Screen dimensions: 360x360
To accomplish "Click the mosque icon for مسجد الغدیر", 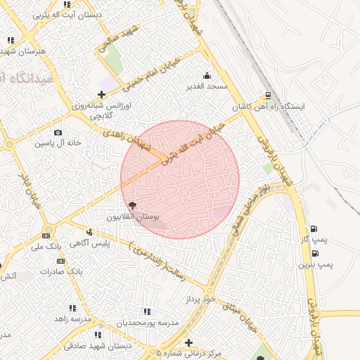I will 207,76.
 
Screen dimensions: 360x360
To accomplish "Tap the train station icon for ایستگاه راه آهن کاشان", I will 268,96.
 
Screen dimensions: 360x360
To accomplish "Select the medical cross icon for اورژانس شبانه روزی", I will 102,94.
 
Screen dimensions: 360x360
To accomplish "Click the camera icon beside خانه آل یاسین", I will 58,132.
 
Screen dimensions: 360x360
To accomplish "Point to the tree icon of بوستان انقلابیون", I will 134,205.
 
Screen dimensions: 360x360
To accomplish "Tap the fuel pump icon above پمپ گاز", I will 313,229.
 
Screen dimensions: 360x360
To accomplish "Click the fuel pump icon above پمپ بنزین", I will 313,253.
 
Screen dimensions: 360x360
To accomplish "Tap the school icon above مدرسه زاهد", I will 72,308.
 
